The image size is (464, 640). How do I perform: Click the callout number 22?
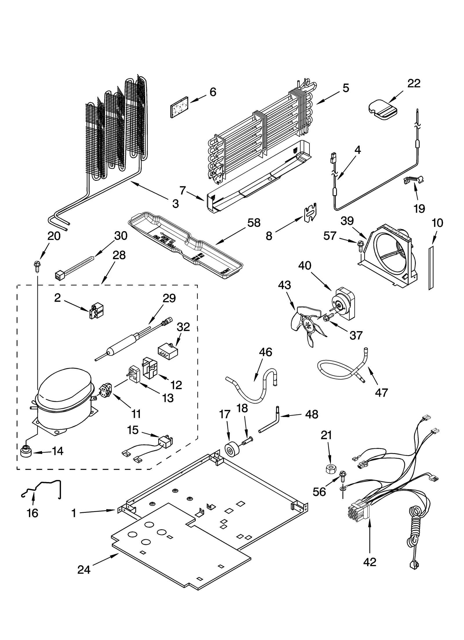(x=414, y=83)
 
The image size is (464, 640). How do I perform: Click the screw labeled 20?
(x=37, y=265)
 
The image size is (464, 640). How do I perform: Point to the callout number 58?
(x=254, y=223)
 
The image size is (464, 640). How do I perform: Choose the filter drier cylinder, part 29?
(x=122, y=345)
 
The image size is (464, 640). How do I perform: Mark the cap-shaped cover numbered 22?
(x=383, y=109)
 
